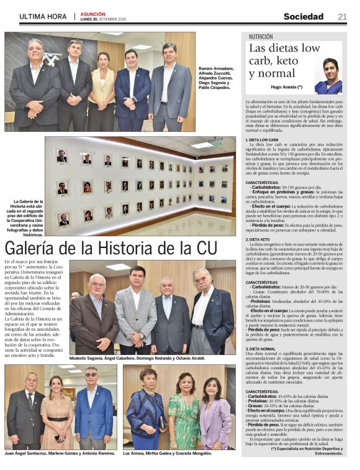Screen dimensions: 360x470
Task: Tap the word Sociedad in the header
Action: [304, 17]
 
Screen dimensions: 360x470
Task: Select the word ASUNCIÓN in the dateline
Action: [92, 14]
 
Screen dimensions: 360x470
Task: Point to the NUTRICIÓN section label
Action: [261, 37]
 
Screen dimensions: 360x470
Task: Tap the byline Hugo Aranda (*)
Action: [287, 87]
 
